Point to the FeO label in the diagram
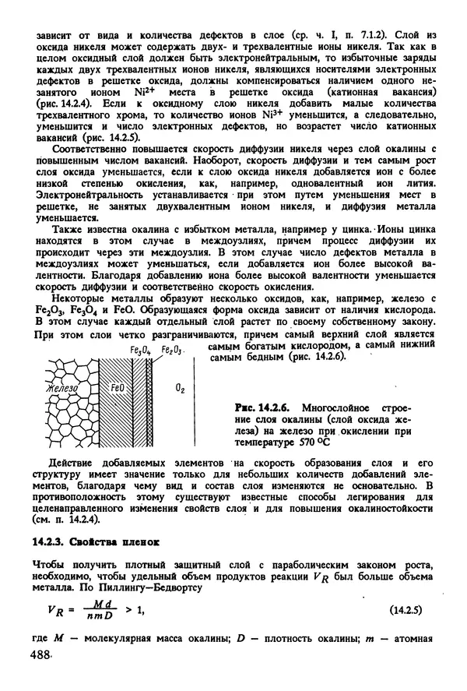pyautogui.click(x=118, y=386)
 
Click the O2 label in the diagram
pyautogui.click(x=180, y=387)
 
